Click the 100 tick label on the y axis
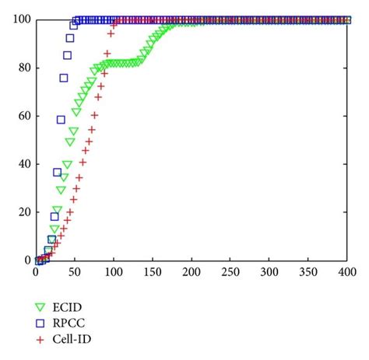click(x=20, y=19)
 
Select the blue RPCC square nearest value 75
click(x=64, y=78)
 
